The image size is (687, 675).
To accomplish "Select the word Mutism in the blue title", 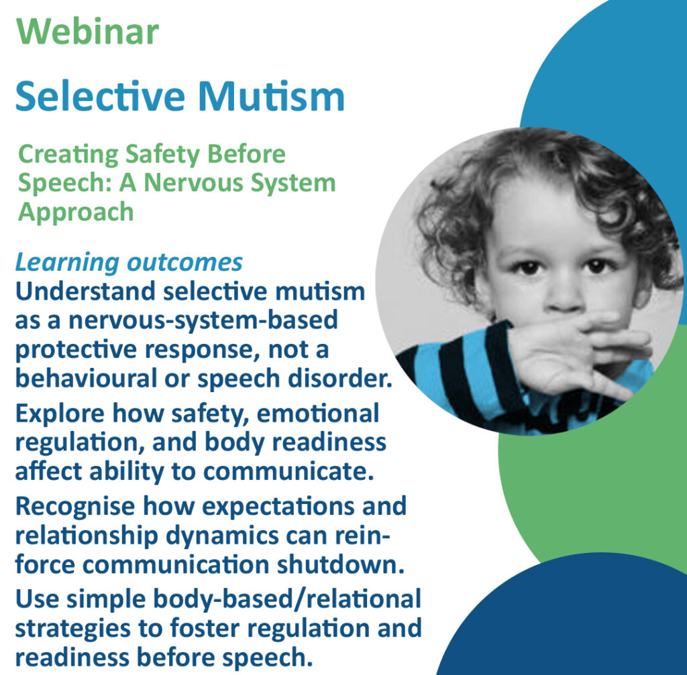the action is click(271, 96).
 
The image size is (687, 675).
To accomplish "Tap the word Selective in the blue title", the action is click(101, 96).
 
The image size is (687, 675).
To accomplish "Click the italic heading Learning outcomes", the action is click(129, 262).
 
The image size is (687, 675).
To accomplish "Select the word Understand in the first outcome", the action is click(85, 291).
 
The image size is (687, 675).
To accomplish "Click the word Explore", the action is click(60, 414).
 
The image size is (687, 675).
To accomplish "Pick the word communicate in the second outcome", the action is click(288, 471).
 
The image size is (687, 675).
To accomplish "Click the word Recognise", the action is click(75, 507).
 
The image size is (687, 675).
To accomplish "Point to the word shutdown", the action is click(340, 564).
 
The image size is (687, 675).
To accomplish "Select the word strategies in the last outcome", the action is click(72, 629).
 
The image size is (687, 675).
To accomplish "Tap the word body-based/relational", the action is click(287, 599).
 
